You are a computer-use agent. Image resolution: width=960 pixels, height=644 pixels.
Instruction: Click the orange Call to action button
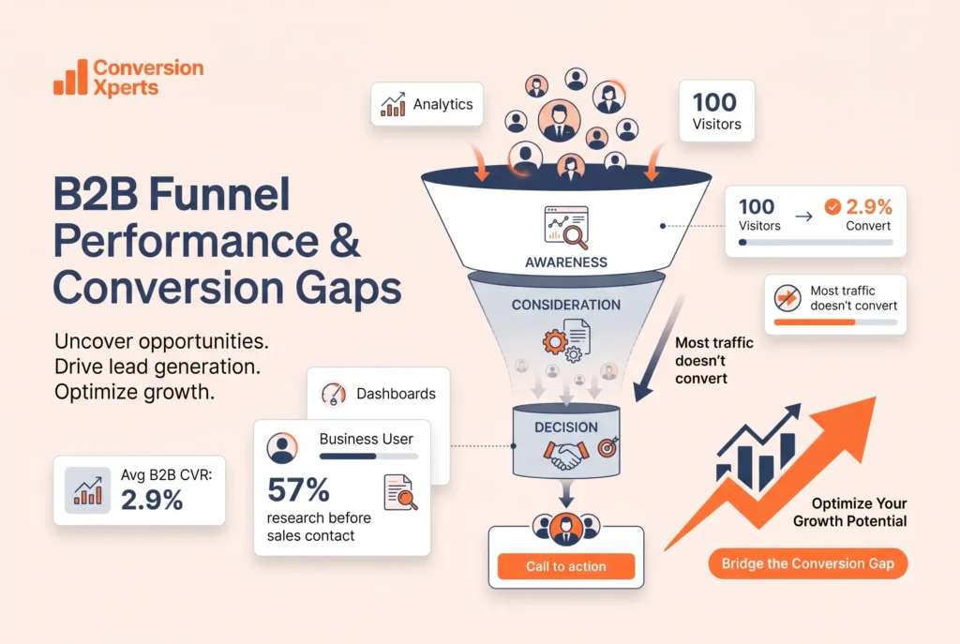click(x=565, y=566)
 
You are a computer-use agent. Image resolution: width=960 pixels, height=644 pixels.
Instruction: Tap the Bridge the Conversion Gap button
click(x=807, y=563)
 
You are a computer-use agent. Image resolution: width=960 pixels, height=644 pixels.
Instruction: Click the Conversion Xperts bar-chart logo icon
click(x=69, y=79)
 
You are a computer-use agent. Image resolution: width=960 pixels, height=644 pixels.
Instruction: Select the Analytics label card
click(x=427, y=105)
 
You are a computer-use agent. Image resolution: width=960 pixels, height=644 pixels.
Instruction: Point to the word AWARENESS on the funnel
click(x=565, y=262)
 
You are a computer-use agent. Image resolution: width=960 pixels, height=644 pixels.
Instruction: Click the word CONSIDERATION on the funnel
click(x=565, y=305)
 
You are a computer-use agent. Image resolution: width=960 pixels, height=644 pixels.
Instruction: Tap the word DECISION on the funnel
click(x=565, y=427)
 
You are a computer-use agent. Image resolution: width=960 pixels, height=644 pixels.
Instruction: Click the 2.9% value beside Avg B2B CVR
click(x=152, y=500)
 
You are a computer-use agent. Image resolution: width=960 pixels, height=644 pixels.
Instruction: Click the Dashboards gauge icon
click(x=333, y=394)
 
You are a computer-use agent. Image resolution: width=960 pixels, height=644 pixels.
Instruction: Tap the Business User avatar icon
click(x=281, y=448)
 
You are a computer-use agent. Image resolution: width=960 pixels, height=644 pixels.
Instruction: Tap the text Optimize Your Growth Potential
click(x=849, y=512)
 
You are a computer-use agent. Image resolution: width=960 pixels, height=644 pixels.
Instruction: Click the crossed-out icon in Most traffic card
click(x=787, y=298)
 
